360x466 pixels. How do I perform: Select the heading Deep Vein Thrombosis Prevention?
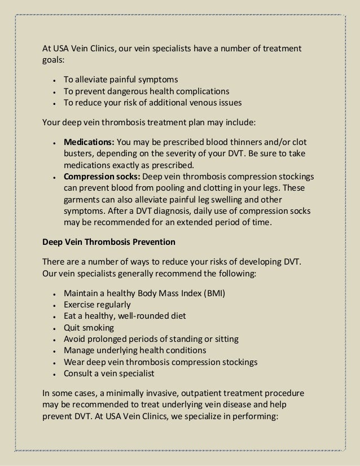pos(109,242)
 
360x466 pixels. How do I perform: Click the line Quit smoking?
pos(89,328)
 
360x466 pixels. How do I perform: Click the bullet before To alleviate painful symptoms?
pos(52,81)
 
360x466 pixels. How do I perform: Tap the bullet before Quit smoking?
pos(52,328)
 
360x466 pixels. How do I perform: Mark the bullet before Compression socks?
pos(52,177)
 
